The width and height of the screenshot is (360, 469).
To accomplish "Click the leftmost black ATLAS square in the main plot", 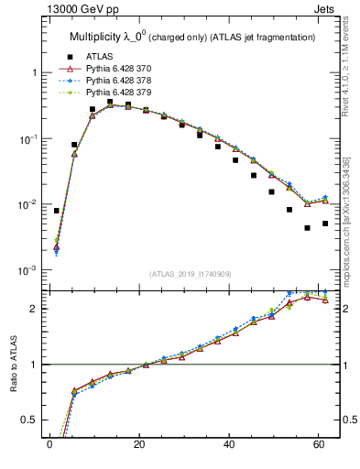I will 57,211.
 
